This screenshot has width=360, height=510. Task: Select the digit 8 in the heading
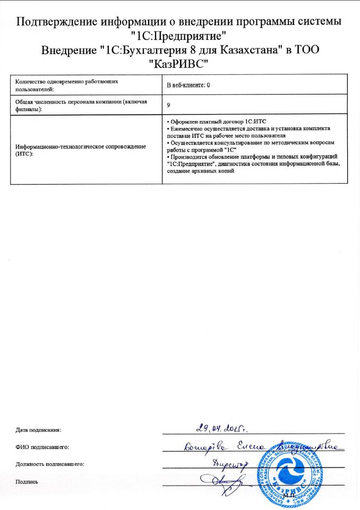pyautogui.click(x=210, y=50)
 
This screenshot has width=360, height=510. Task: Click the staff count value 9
pyautogui.click(x=168, y=105)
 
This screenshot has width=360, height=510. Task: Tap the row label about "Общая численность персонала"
pyautogui.click(x=80, y=105)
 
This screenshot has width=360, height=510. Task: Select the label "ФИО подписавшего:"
pyautogui.click(x=42, y=447)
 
